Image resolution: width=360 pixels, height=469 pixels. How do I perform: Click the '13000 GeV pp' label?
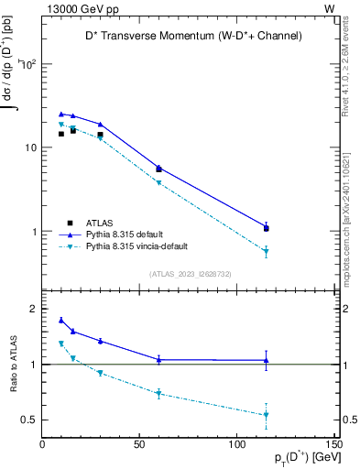[x=78, y=7]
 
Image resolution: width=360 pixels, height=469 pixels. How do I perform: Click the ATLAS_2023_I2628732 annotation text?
[x=173, y=273]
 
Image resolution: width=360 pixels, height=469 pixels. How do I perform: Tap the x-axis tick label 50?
[x=140, y=444]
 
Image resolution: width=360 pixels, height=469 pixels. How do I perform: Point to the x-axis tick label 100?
[x=237, y=444]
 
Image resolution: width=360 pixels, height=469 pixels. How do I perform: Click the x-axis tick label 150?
[x=332, y=444]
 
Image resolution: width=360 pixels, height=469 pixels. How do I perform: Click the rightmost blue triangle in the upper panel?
[x=266, y=226]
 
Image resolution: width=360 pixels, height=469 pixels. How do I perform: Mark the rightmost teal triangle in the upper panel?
[x=266, y=251]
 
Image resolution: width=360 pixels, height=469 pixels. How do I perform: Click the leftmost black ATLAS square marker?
[x=61, y=134]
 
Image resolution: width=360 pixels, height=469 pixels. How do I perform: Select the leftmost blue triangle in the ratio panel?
[x=61, y=320]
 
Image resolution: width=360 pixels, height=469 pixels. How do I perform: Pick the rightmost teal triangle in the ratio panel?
[x=266, y=415]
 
